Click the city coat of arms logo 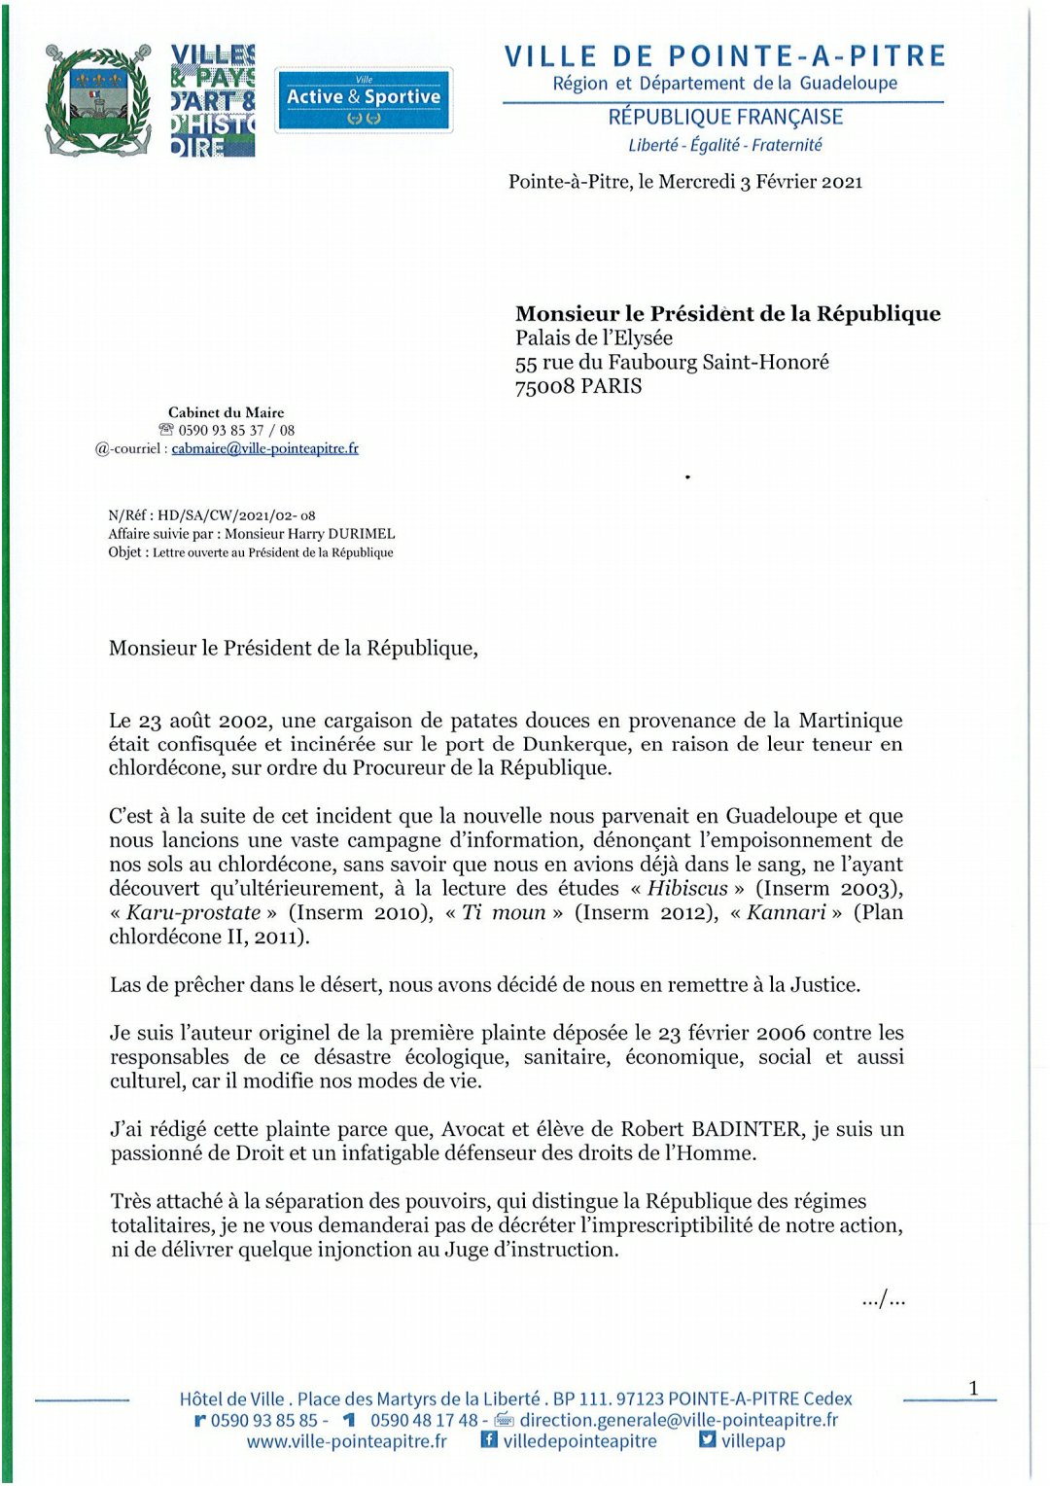(x=97, y=99)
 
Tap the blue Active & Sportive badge (x=364, y=99)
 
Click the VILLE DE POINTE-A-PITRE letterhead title (x=724, y=56)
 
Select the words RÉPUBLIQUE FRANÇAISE (x=725, y=118)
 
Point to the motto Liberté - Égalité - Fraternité (x=724, y=145)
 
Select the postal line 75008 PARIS (x=578, y=386)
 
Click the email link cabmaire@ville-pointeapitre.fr (x=264, y=448)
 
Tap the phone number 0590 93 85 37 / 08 (x=236, y=430)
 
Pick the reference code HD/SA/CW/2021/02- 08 (x=236, y=515)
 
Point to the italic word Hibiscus (x=687, y=888)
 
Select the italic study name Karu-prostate (x=193, y=912)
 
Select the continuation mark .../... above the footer (x=883, y=1299)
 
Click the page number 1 (x=973, y=1388)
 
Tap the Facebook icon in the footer (x=489, y=1439)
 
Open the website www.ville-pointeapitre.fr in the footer (x=347, y=1441)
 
